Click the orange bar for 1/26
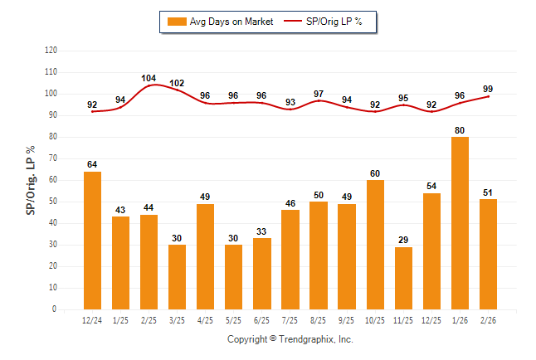click(460, 222)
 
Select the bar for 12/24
click(92, 240)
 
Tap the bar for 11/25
click(403, 278)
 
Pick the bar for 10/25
click(375, 244)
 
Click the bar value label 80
click(460, 129)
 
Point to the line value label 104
click(149, 79)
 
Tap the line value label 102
click(177, 83)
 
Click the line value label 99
click(488, 89)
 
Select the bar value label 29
click(403, 240)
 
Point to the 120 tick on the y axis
click(51, 51)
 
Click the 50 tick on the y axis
click(52, 202)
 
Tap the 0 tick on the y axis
click(55, 309)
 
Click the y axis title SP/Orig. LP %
click(31, 180)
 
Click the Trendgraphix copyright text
click(290, 339)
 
